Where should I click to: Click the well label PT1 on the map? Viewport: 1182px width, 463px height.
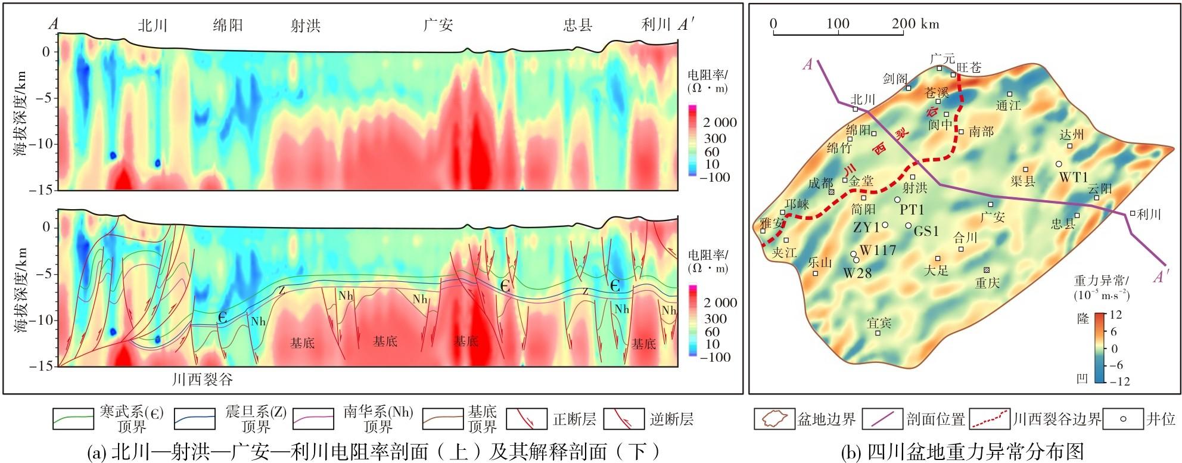pos(912,210)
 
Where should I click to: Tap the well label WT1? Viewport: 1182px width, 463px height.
pos(1074,177)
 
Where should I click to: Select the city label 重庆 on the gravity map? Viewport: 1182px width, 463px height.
pos(987,283)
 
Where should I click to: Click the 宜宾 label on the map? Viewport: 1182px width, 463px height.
pos(879,323)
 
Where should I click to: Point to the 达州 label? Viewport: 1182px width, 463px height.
pos(1071,135)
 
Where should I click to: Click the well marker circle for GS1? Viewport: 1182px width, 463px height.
pos(909,225)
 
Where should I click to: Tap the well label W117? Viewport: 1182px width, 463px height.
pos(878,250)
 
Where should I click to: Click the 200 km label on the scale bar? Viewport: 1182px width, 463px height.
pos(915,24)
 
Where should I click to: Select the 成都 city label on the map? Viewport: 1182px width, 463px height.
pos(820,184)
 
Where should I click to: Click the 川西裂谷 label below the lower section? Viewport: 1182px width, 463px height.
pos(203,380)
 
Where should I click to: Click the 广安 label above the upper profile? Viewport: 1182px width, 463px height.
pos(438,25)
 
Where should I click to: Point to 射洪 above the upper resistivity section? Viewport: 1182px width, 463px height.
pos(306,26)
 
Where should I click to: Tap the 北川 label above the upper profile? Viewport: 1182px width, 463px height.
pos(153,25)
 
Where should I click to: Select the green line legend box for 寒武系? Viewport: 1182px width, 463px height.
pos(73,419)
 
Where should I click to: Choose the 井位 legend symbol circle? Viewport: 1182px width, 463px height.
pos(1123,419)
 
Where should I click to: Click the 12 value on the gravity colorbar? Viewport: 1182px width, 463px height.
pos(1116,315)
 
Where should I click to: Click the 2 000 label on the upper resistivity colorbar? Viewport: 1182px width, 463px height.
pos(720,123)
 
